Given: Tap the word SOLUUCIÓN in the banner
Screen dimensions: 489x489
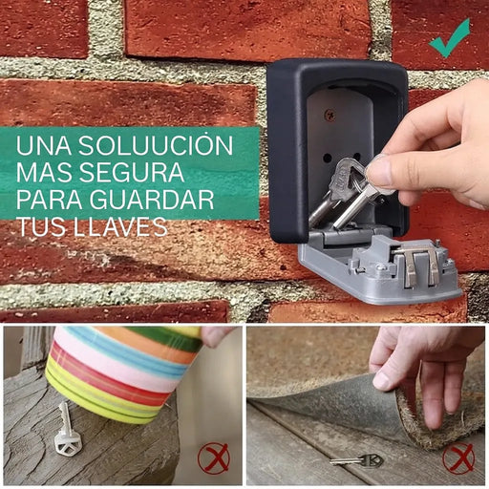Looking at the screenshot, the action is tap(156, 145).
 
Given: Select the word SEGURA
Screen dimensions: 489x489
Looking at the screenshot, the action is tap(132, 172).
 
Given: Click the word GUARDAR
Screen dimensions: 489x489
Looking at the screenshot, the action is tap(152, 200).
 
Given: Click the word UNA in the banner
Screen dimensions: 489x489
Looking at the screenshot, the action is tap(44, 146).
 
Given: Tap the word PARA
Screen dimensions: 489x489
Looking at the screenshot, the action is tap(50, 200).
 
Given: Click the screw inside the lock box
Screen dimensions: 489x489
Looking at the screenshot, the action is tap(329, 114).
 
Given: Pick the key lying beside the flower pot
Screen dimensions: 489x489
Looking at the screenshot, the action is tap(66, 430).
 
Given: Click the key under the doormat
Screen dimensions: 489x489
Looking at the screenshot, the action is tap(356, 460).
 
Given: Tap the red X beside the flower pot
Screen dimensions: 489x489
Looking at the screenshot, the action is tap(213, 457).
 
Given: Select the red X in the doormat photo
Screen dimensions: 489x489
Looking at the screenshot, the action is tap(458, 457).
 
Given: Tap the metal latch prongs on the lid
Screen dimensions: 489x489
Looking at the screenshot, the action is tap(418, 266).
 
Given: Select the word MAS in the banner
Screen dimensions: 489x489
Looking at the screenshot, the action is tap(44, 172).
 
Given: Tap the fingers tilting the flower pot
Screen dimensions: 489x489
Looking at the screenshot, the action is tap(217, 336).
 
